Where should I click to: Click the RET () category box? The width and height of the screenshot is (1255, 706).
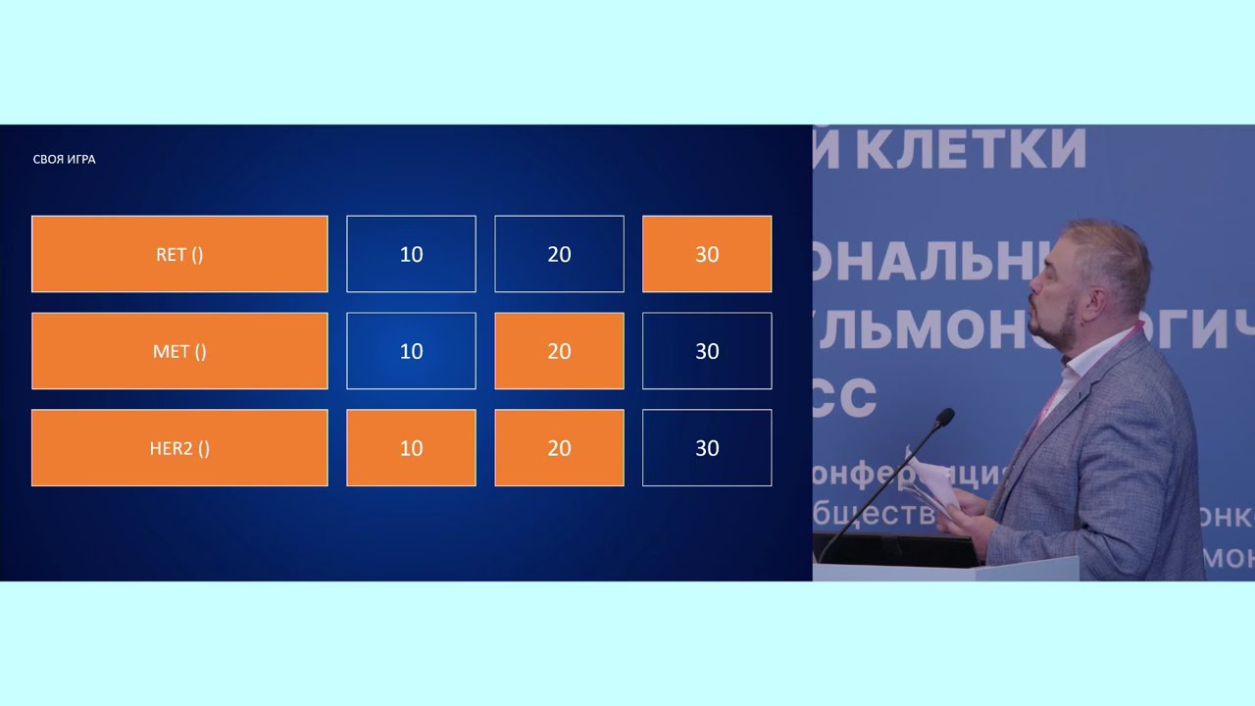pyautogui.click(x=179, y=254)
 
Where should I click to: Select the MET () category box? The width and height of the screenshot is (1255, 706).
pyautogui.click(x=179, y=351)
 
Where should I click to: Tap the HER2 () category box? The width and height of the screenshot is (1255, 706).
pyautogui.click(x=179, y=448)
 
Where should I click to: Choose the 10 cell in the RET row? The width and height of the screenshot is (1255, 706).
pyautogui.click(x=411, y=254)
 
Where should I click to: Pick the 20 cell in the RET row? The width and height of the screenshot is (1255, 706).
pyautogui.click(x=559, y=254)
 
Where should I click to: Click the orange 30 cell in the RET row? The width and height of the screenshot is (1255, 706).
pyautogui.click(x=707, y=254)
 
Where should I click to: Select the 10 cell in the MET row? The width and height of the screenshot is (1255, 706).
pyautogui.click(x=411, y=351)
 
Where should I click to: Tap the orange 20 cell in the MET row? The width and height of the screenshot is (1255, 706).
pyautogui.click(x=559, y=351)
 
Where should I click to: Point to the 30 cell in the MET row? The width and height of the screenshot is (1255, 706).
pyautogui.click(x=707, y=351)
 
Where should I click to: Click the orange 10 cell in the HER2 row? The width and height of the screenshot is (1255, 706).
pyautogui.click(x=411, y=448)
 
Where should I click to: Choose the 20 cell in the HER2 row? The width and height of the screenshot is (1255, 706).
pyautogui.click(x=559, y=448)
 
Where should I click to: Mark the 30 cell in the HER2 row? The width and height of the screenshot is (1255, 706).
pyautogui.click(x=707, y=448)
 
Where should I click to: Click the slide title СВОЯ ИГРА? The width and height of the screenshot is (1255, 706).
pyautogui.click(x=65, y=159)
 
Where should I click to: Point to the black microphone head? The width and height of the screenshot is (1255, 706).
pyautogui.click(x=943, y=419)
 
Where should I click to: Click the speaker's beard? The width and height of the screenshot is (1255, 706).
pyautogui.click(x=1064, y=328)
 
